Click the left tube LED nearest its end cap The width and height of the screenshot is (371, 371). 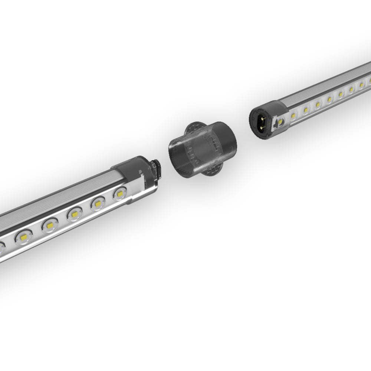click(x=120, y=193)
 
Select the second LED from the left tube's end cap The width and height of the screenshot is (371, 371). click(x=98, y=203)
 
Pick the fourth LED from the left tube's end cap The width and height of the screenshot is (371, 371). click(x=50, y=225)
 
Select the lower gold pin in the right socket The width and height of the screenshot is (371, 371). click(x=263, y=127)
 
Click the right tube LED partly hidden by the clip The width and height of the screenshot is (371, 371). click(x=281, y=121)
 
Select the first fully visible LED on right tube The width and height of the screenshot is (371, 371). click(x=293, y=116)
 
